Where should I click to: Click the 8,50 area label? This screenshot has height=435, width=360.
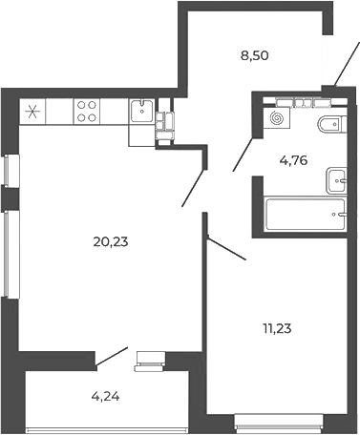click(x=255, y=55)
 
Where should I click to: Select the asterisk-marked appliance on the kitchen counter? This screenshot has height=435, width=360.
click(x=34, y=112)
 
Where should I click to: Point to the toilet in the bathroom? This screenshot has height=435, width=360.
click(x=329, y=124)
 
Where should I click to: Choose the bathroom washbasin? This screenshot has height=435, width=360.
click(x=335, y=178)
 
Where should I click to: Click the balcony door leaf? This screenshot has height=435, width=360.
click(x=112, y=356)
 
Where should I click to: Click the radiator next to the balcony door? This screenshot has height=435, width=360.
click(x=149, y=359)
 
